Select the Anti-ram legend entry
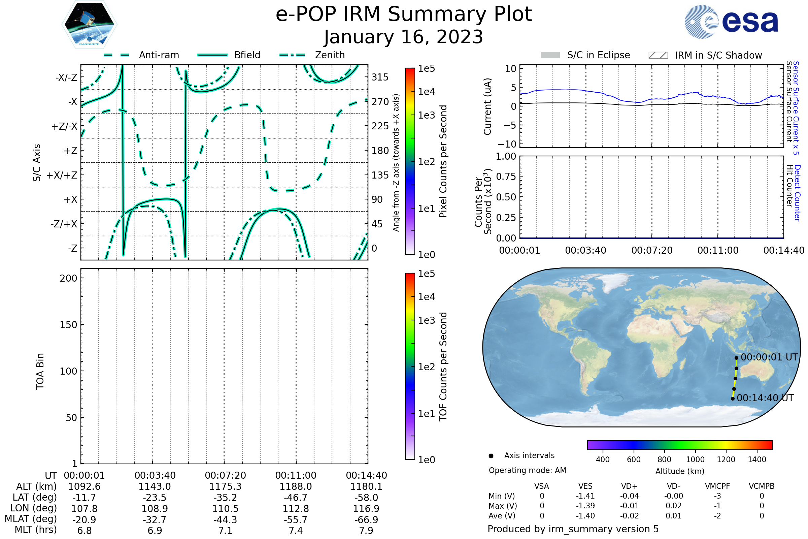[x=141, y=55]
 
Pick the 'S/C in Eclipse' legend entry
[x=585, y=55]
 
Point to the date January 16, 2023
[x=404, y=37]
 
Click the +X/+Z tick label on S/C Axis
[x=62, y=175]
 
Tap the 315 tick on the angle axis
[x=380, y=77]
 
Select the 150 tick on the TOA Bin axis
[x=69, y=325]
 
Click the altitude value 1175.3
[x=225, y=486]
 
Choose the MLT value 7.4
[x=296, y=530]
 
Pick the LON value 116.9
[x=366, y=508]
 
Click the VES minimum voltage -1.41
[x=585, y=496]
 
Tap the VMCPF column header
[x=717, y=486]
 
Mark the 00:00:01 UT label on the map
[x=769, y=357]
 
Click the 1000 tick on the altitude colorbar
[x=695, y=459]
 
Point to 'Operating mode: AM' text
[x=527, y=470]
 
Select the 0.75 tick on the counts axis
[x=506, y=176]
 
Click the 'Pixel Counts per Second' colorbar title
[x=443, y=161]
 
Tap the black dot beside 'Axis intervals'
[x=491, y=456]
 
